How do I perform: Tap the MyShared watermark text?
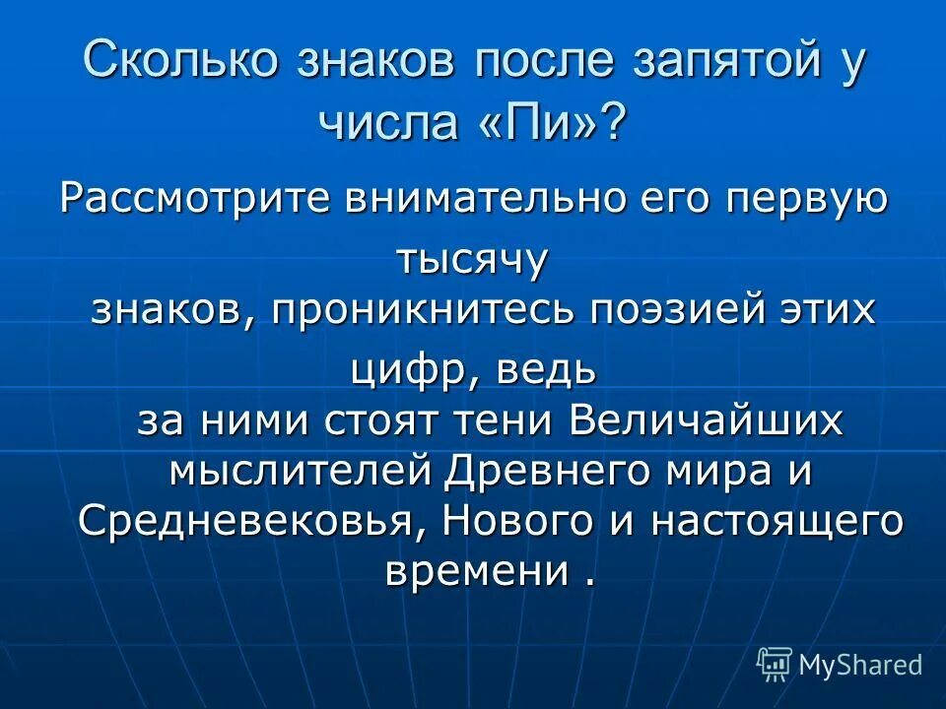[x=860, y=665]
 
